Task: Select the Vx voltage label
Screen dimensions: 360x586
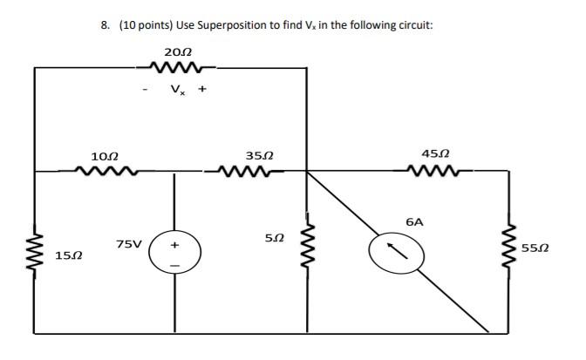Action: tap(178, 88)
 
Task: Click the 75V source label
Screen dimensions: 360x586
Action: tap(130, 243)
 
